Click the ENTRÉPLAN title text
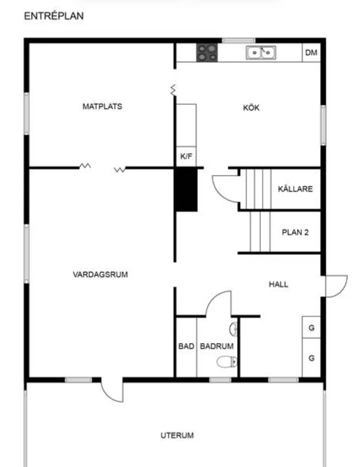coord(54,17)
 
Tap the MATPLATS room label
coord(102,106)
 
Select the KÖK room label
coord(251,108)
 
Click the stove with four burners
coord(207,52)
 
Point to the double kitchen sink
coord(261,52)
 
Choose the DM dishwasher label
coord(311,52)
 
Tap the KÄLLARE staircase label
coord(295,189)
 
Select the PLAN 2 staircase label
coord(295,232)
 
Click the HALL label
coord(279,284)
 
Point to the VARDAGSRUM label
coord(100,274)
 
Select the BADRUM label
coord(217,346)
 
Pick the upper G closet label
coord(311,328)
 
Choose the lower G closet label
coord(311,358)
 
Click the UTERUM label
coord(177,435)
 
